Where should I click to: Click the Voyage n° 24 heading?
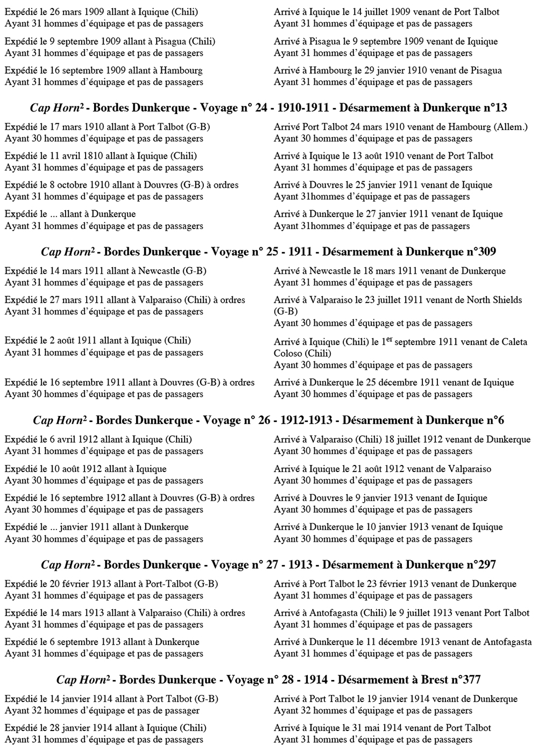[268, 108]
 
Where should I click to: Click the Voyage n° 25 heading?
[268, 252]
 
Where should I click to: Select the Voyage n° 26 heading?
[268, 420]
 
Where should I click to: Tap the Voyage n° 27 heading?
[268, 565]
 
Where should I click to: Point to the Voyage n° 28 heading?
[268, 680]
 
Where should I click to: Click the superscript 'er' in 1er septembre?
[404, 340]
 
